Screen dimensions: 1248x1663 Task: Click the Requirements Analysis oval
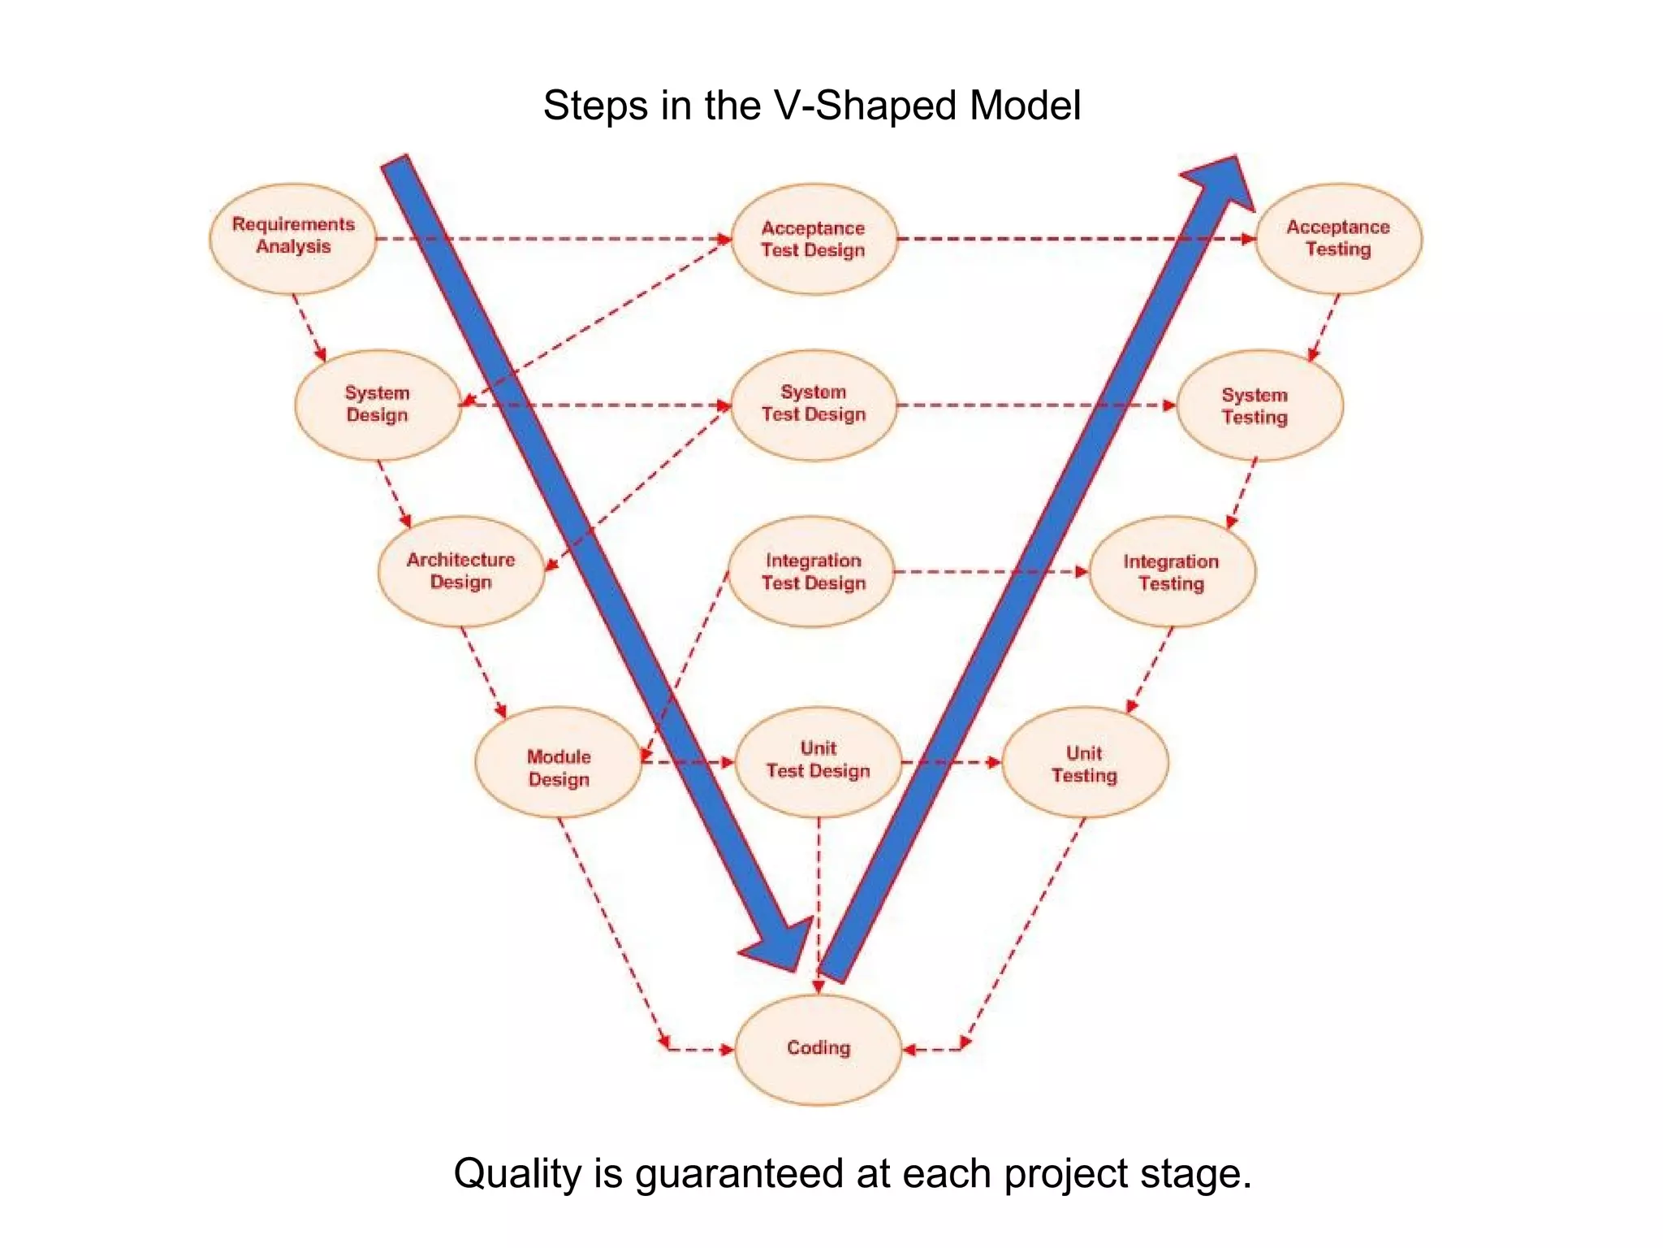(293, 238)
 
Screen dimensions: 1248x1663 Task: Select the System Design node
(378, 405)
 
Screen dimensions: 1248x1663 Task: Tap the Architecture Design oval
(460, 571)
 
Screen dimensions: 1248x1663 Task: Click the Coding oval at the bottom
(818, 1049)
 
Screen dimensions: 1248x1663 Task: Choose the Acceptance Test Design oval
(814, 239)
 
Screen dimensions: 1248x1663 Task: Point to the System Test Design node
(814, 405)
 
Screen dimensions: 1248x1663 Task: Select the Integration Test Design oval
(812, 571)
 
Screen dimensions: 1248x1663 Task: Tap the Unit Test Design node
(818, 761)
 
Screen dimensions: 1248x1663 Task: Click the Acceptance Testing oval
(1338, 238)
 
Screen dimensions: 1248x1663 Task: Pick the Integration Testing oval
(1172, 572)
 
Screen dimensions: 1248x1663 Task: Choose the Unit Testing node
(1085, 763)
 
